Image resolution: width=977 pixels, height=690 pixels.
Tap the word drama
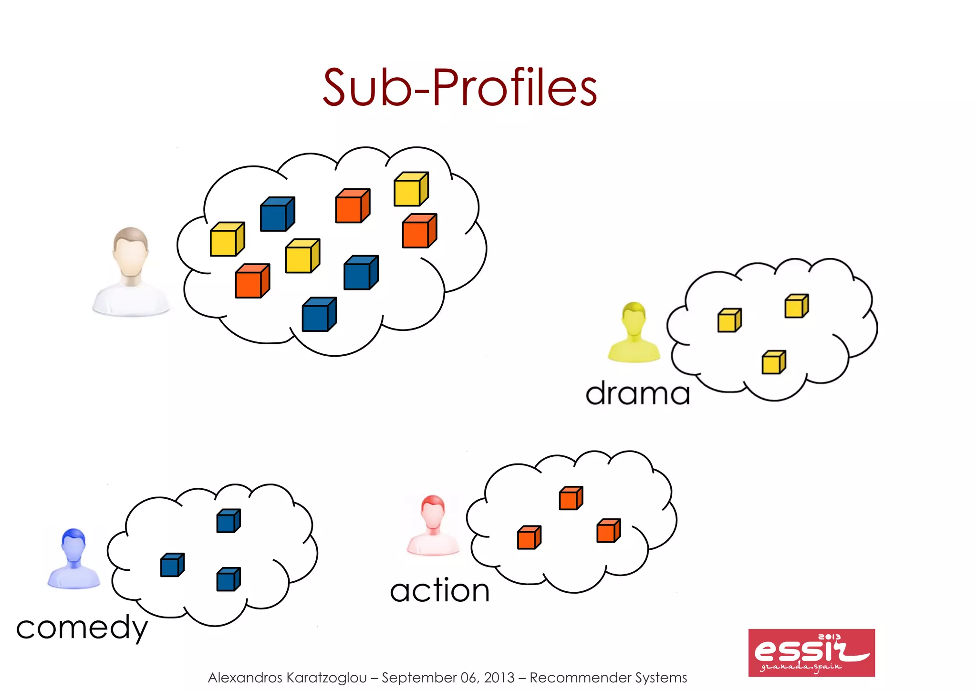(637, 393)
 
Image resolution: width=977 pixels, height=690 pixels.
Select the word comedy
(82, 628)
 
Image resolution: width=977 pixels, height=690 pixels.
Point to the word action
(439, 590)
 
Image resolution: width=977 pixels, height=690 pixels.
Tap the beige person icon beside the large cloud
(131, 271)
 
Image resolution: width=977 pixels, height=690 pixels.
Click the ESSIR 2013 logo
(811, 652)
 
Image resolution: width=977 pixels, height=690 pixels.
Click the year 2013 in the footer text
(499, 678)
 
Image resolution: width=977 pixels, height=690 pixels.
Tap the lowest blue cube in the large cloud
(319, 315)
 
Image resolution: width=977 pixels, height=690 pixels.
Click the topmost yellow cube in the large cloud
(411, 189)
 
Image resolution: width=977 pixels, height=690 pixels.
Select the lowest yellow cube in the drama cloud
(773, 362)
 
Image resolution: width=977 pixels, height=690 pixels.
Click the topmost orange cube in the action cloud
(571, 498)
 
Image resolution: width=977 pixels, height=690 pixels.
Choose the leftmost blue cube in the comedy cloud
(172, 565)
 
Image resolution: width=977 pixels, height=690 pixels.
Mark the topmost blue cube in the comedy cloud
(228, 521)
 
